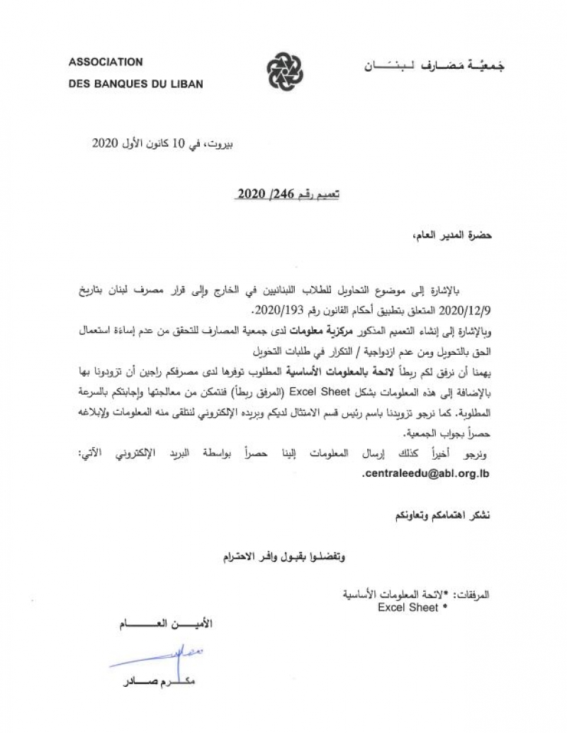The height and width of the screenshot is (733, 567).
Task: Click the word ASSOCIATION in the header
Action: point(106,62)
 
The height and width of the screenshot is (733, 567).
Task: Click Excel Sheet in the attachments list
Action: point(408,608)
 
